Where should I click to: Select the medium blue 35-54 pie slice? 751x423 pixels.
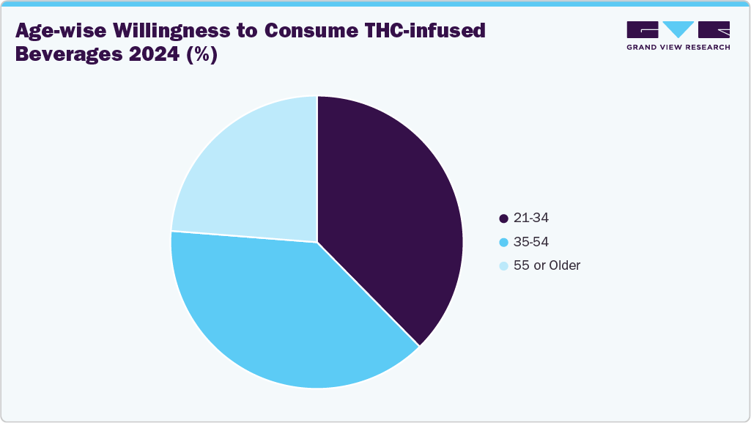coord(286,315)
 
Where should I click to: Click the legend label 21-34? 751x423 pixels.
coord(531,218)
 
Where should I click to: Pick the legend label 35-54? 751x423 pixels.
coord(531,242)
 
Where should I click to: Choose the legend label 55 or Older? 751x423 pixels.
coord(547,265)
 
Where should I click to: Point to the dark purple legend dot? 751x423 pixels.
coord(503,218)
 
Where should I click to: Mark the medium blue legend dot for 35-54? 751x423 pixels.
coord(503,242)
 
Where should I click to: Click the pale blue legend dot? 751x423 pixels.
coord(503,265)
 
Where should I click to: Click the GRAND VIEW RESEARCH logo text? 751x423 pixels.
coord(678,47)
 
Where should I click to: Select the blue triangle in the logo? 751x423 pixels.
coord(678,29)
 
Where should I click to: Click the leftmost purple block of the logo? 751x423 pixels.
coord(643,29)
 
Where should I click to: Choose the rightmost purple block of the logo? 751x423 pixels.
coord(714,29)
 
